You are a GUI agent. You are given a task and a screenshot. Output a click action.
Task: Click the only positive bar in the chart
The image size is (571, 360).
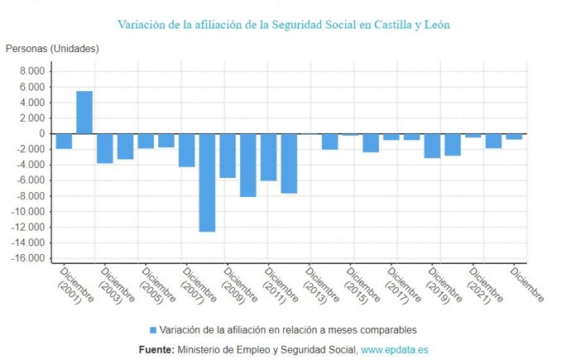(84, 113)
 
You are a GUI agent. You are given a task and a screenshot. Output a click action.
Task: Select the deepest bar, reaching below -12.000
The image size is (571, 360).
(207, 183)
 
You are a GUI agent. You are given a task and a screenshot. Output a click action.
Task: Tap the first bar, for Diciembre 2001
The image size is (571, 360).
(64, 142)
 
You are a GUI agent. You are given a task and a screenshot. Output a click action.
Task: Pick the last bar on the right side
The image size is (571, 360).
(514, 137)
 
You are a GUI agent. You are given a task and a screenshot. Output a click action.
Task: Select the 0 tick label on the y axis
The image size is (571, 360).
(41, 134)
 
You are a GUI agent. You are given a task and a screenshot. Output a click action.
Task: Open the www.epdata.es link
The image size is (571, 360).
(395, 350)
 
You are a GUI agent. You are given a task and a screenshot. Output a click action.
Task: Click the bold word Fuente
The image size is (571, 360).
(156, 350)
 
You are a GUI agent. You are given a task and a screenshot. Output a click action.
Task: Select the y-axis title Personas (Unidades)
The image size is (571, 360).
(52, 48)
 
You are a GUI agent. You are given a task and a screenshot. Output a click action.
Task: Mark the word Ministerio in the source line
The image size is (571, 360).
(201, 350)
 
